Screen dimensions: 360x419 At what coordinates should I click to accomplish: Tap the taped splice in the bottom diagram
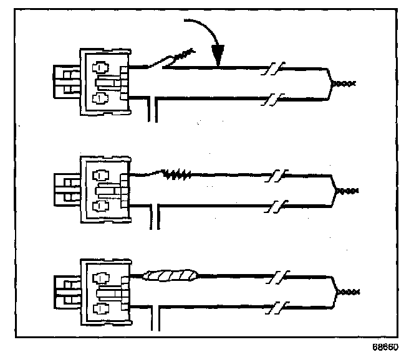click(x=171, y=275)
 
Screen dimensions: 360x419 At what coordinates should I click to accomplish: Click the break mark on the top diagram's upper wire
click(x=273, y=66)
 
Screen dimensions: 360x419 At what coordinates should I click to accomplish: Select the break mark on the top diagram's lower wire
click(x=273, y=98)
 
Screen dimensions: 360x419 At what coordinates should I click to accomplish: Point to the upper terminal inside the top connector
click(x=99, y=66)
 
